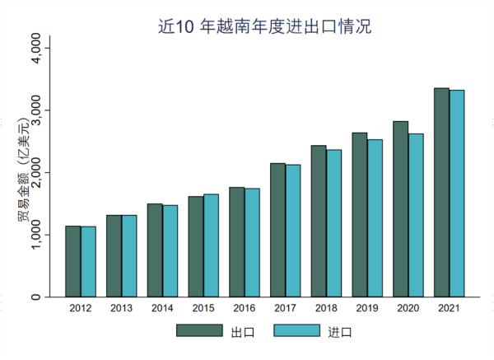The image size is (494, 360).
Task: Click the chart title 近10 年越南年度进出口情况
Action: click(264, 26)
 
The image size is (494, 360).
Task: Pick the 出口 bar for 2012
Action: click(73, 261)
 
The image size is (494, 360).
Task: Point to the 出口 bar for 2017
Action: click(277, 230)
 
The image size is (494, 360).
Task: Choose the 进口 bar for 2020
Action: click(416, 215)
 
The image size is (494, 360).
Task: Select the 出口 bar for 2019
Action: click(360, 214)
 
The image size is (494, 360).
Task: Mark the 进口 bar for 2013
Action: click(129, 255)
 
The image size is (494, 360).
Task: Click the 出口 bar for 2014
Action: click(155, 250)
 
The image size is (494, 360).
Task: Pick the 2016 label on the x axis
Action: click(244, 307)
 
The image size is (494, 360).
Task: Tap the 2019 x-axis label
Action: click(367, 307)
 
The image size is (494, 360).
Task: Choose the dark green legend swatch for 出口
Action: click(199, 330)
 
